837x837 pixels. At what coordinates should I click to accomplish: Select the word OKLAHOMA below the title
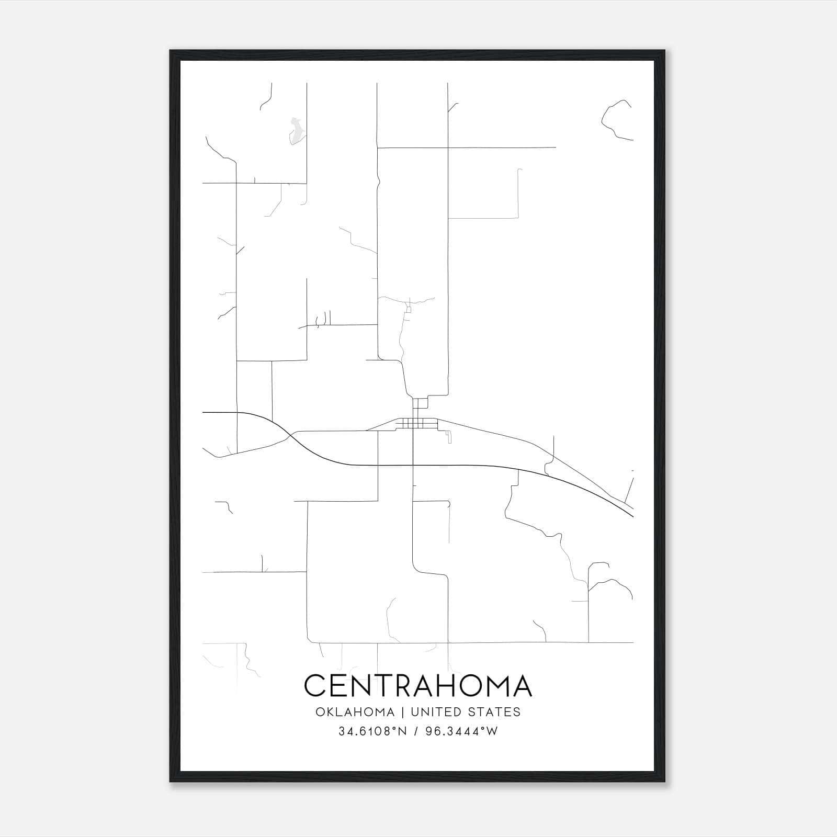click(x=354, y=712)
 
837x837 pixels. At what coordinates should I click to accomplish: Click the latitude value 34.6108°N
click(x=372, y=732)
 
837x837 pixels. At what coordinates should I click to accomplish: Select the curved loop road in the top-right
click(x=615, y=121)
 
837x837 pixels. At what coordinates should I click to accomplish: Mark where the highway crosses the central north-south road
click(x=413, y=465)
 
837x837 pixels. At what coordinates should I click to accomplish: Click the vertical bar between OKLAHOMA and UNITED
click(x=403, y=712)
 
